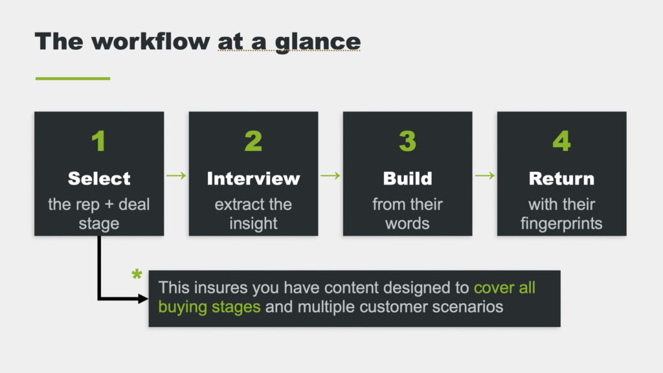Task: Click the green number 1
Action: point(99,141)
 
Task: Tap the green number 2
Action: point(253,141)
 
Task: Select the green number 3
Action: point(408,141)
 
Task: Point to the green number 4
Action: point(561,141)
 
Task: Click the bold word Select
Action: point(99,179)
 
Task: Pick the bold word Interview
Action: point(253,179)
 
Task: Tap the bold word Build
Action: point(408,179)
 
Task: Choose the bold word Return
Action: point(561,179)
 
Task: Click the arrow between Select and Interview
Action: point(176,175)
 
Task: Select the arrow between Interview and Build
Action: point(330,175)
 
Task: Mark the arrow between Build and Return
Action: point(484,175)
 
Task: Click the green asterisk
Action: point(137,275)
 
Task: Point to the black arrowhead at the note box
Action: point(143,299)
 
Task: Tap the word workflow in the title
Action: point(150,41)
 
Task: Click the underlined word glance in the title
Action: point(317,43)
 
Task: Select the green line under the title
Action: point(73,78)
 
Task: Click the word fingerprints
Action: point(561,223)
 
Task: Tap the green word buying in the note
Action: point(183,307)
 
